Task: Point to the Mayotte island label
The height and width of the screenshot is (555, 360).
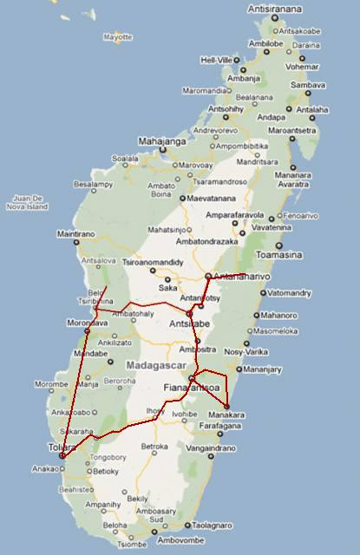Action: (116, 37)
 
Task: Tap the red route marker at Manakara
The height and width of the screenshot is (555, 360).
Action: (226, 406)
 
